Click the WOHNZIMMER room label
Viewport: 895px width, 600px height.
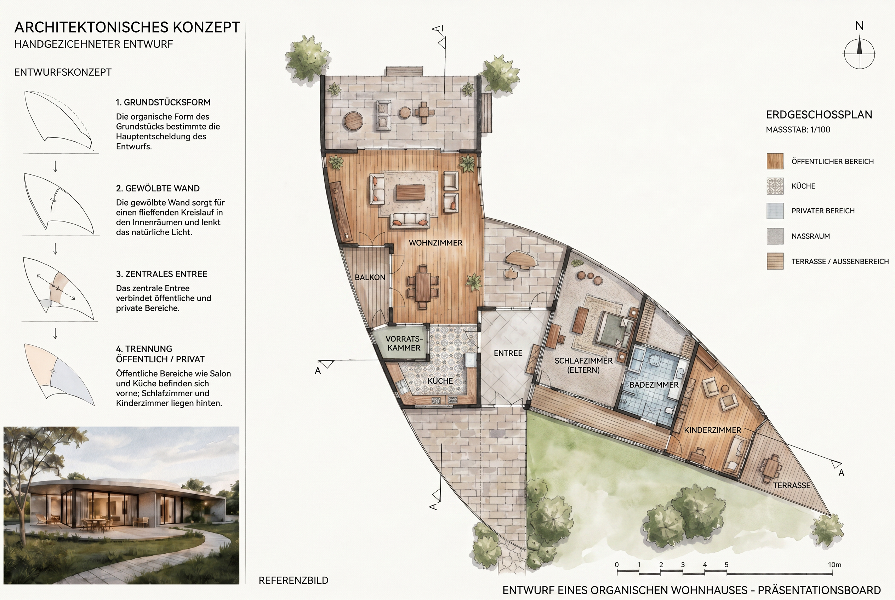pyautogui.click(x=435, y=243)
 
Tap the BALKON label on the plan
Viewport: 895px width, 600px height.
pyautogui.click(x=370, y=277)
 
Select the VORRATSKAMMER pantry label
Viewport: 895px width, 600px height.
pyautogui.click(x=404, y=343)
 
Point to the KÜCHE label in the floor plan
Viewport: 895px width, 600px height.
pyautogui.click(x=440, y=381)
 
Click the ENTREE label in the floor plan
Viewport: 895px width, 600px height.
pyautogui.click(x=508, y=353)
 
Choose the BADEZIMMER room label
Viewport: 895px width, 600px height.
pyautogui.click(x=654, y=385)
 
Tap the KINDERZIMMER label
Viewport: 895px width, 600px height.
pyautogui.click(x=712, y=430)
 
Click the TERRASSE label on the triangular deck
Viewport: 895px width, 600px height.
pyautogui.click(x=792, y=485)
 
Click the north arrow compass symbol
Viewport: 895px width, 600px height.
pyautogui.click(x=859, y=53)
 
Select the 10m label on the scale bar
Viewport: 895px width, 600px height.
pyautogui.click(x=834, y=564)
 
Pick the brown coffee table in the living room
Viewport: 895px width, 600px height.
pyautogui.click(x=411, y=192)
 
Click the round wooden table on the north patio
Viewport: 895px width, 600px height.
pyautogui.click(x=353, y=121)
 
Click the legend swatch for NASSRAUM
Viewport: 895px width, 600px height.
pyautogui.click(x=775, y=236)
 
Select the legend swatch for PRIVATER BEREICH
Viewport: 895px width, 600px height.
pyautogui.click(x=775, y=211)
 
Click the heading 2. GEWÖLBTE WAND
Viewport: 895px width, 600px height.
pyautogui.click(x=158, y=188)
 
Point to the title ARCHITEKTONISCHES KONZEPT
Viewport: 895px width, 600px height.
pyautogui.click(x=127, y=27)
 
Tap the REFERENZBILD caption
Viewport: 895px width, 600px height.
pyautogui.click(x=293, y=581)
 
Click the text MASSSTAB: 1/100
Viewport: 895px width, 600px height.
pyautogui.click(x=798, y=130)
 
